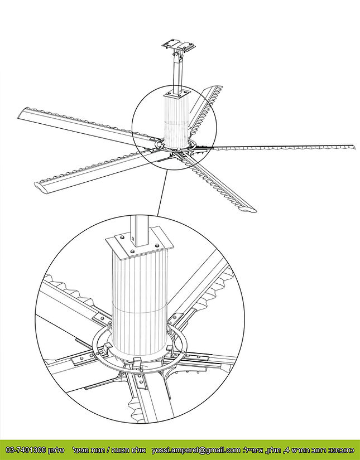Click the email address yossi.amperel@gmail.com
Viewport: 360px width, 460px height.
(x=196, y=449)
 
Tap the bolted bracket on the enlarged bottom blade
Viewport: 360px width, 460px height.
(x=140, y=385)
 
